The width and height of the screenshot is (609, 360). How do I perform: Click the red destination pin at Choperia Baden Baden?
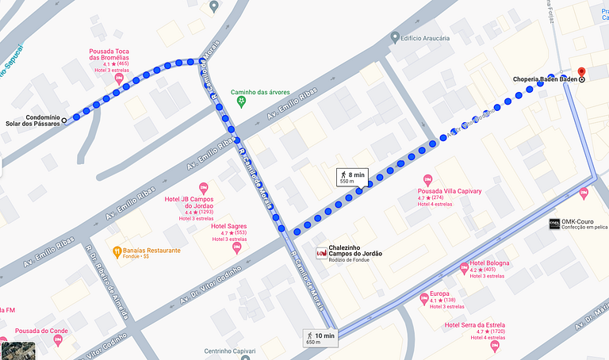pos(581,71)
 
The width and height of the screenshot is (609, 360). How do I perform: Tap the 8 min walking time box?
pos(352,177)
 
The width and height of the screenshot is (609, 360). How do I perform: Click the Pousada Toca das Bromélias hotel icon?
pos(118,79)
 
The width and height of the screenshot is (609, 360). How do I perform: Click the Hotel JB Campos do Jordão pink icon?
pos(203,187)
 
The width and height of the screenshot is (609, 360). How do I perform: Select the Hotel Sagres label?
pos(229,226)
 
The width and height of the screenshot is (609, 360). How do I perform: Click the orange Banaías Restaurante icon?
pos(117,251)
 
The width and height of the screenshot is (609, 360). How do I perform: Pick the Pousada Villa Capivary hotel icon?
pos(427,179)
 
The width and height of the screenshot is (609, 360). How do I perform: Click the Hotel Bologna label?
pos(488,263)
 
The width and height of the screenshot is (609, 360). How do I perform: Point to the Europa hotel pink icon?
pos(424,298)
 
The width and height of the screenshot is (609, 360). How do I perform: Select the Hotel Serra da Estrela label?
pos(475,324)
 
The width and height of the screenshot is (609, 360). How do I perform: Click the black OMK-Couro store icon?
pos(553,223)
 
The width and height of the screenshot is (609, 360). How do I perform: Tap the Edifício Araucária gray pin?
pos(395,37)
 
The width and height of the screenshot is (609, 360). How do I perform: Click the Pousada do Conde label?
pos(41,331)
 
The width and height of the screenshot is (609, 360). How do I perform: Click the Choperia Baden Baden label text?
pos(543,79)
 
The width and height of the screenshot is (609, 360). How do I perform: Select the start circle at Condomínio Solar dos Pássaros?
pos(64,120)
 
